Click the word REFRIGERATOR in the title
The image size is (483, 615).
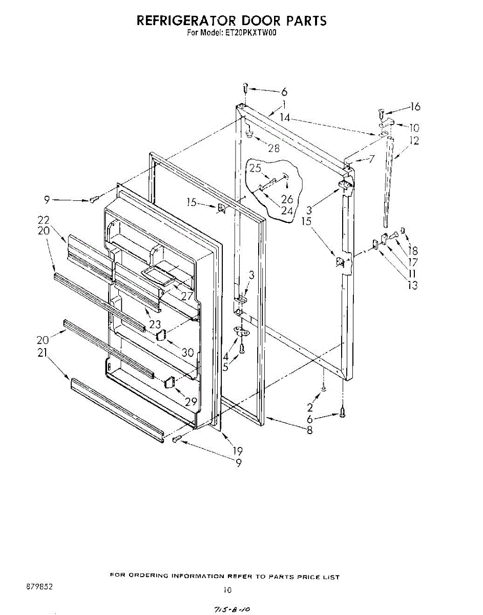tap(185, 20)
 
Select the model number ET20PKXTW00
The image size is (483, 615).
tap(251, 33)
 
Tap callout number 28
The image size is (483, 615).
tap(274, 149)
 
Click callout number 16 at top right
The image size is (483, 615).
tap(414, 107)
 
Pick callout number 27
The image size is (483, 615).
tap(186, 296)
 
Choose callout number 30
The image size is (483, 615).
tap(188, 353)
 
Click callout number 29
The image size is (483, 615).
tap(191, 401)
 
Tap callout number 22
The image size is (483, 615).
tap(43, 220)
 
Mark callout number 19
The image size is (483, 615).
tap(237, 451)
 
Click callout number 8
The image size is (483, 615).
tap(309, 431)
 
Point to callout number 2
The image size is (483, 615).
tap(310, 408)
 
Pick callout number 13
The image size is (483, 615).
tap(413, 285)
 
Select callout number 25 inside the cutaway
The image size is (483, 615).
tap(255, 168)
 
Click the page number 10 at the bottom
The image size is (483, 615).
tap(227, 589)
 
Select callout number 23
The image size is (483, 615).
tap(155, 324)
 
